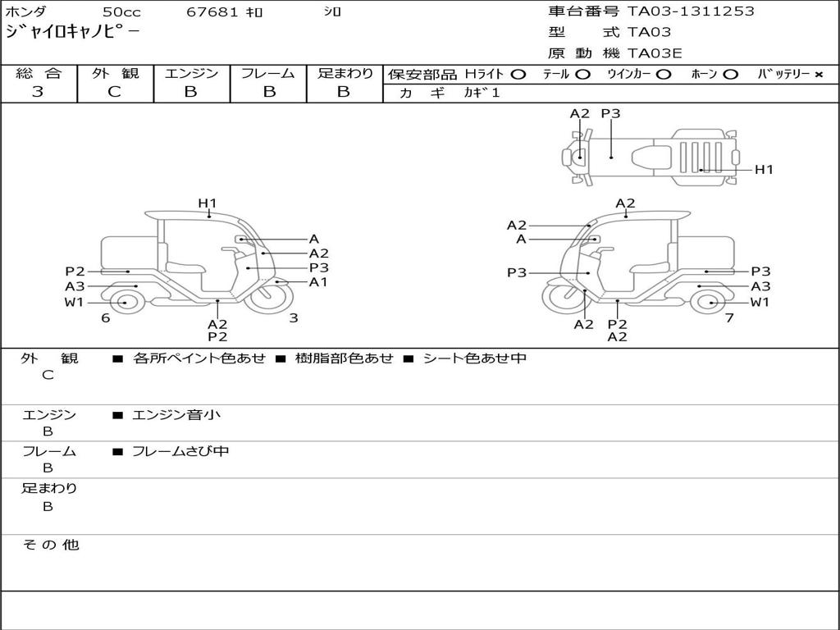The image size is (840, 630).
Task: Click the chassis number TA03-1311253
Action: tap(691, 11)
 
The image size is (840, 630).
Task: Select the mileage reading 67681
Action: tap(213, 12)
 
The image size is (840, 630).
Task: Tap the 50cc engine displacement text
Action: tap(121, 12)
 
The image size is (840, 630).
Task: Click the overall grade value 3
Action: tap(37, 92)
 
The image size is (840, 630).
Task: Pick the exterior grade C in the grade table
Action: tap(115, 92)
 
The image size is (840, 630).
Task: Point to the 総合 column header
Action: tap(39, 74)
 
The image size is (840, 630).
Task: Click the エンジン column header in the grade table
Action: tap(191, 74)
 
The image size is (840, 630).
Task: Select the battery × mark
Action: tap(819, 75)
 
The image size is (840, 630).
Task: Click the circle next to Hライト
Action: tap(518, 75)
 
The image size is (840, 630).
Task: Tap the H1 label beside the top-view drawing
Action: tap(764, 170)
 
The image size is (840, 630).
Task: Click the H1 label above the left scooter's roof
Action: tap(207, 203)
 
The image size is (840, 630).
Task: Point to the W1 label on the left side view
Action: tap(75, 303)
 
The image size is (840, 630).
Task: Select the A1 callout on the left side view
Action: tap(318, 282)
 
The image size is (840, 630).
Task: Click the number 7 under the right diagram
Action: tap(728, 318)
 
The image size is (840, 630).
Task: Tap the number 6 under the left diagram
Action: tap(106, 318)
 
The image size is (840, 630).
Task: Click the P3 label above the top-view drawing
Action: tap(610, 114)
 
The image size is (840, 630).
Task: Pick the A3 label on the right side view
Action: tap(760, 286)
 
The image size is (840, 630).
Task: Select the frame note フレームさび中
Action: tap(180, 451)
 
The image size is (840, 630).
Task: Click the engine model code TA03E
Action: tap(655, 54)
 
